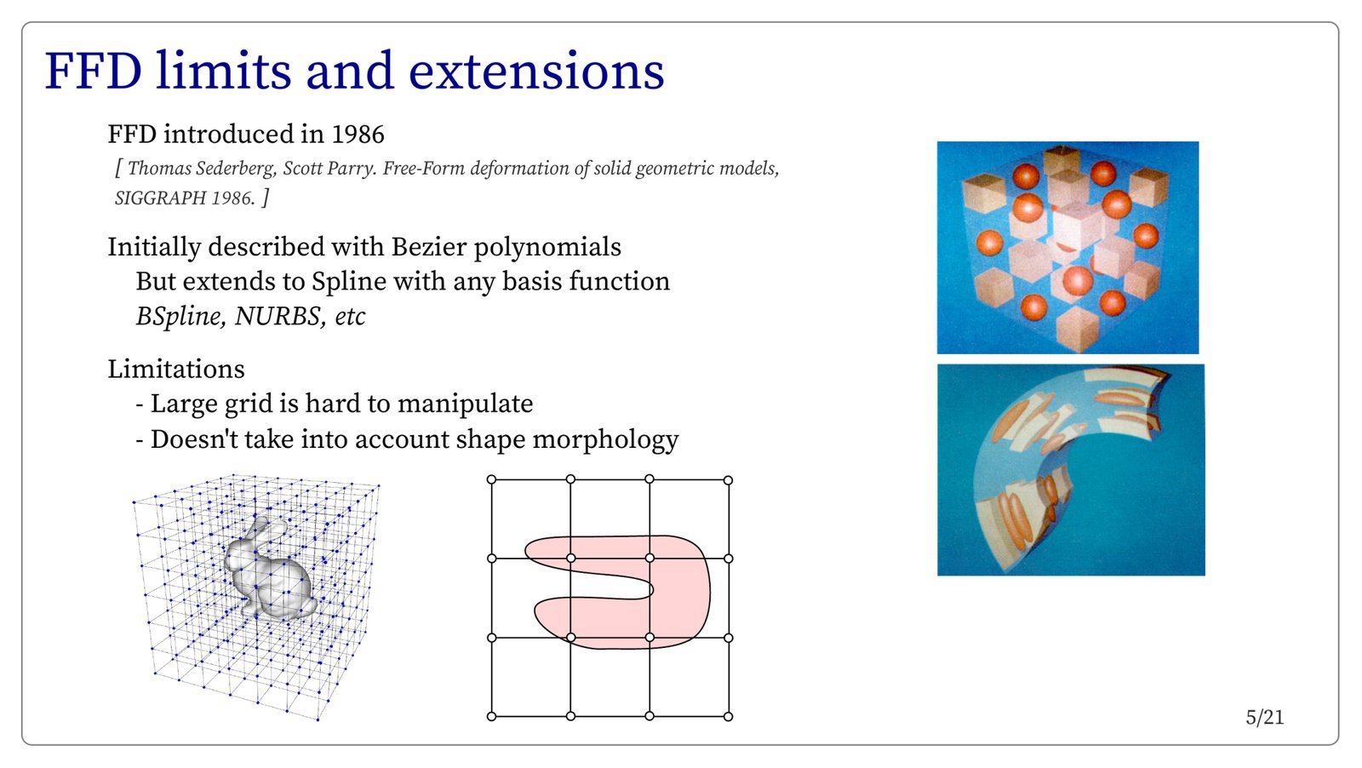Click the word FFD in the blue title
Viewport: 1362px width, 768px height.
93,71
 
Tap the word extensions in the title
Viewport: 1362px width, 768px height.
535,71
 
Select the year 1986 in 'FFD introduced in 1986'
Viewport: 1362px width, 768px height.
358,135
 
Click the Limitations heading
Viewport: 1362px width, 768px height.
176,370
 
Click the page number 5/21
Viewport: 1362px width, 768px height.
1265,718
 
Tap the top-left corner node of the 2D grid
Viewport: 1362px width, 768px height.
491,479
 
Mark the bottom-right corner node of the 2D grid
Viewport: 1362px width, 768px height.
729,716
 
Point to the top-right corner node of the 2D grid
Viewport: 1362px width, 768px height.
729,480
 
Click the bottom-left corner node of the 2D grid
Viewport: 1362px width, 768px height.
491,716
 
